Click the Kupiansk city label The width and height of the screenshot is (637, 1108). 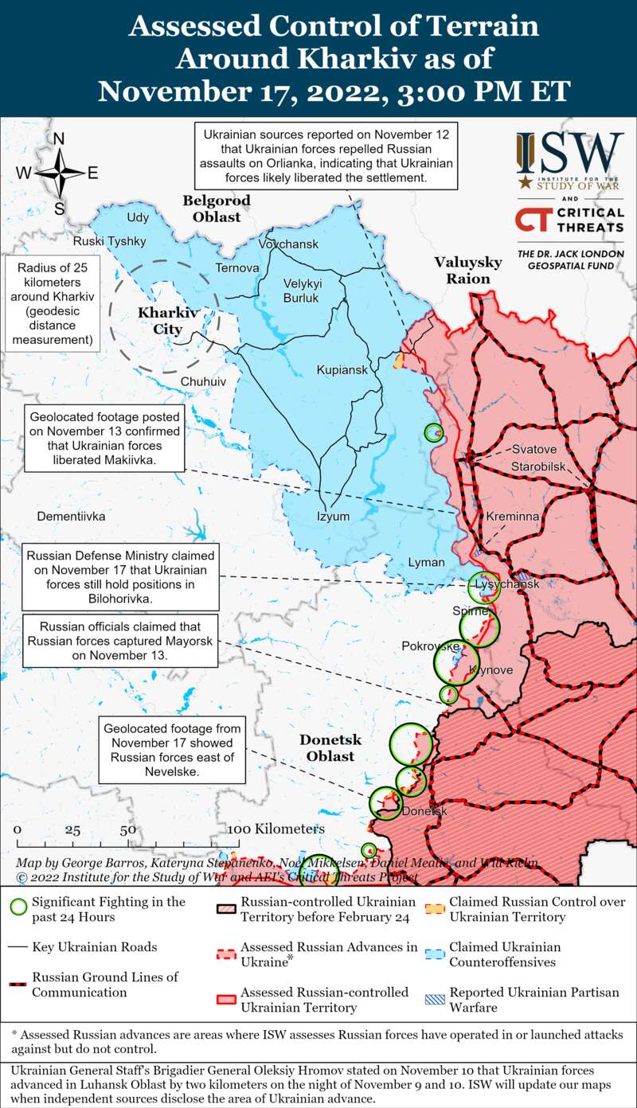pyautogui.click(x=342, y=370)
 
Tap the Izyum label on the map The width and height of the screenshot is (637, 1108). pyautogui.click(x=333, y=516)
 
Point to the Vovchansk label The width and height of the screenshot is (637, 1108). pyautogui.click(x=288, y=244)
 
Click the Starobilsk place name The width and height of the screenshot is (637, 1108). pyautogui.click(x=538, y=465)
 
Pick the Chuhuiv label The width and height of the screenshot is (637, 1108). pyautogui.click(x=203, y=381)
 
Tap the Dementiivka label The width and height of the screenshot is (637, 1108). pyautogui.click(x=71, y=516)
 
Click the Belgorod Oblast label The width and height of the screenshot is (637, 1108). pyautogui.click(x=216, y=209)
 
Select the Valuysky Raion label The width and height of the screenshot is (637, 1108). pyautogui.click(x=467, y=271)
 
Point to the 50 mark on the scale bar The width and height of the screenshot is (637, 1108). pyautogui.click(x=127, y=829)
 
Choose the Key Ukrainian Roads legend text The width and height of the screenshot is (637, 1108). pyautogui.click(x=94, y=947)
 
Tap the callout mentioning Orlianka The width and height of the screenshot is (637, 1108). pyautogui.click(x=326, y=157)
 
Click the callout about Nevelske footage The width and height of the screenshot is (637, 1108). pyautogui.click(x=172, y=750)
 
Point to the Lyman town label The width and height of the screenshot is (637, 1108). pyautogui.click(x=426, y=562)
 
